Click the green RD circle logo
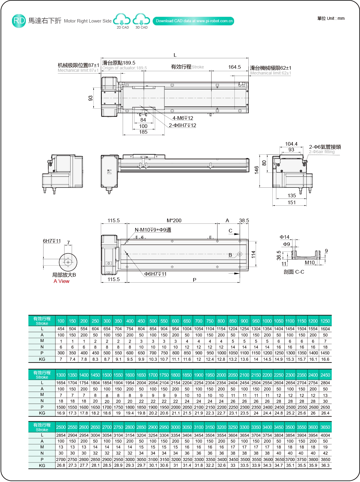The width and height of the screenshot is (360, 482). point(19,21)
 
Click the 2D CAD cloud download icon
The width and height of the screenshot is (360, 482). point(122,20)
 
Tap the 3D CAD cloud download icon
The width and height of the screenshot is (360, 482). point(141,20)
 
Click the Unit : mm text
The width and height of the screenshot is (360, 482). point(331,18)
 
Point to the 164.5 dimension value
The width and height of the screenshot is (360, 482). point(234,67)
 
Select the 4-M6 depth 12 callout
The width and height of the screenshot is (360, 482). point(183,118)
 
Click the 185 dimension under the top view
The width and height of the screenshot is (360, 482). point(143,132)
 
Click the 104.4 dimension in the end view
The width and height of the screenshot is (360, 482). point(291,144)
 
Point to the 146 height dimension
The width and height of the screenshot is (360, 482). point(256,170)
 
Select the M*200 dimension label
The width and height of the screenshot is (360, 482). point(174,220)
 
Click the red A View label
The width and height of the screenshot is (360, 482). point(61,281)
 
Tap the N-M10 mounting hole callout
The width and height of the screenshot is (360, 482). point(153,230)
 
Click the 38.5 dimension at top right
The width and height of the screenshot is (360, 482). point(244,220)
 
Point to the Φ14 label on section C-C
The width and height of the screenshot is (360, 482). point(284,237)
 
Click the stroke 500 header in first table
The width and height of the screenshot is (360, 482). point(153,321)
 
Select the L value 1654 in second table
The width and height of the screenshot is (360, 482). point(61,383)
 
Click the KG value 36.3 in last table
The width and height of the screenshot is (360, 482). point(325,465)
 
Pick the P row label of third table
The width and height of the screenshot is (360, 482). point(42,459)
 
